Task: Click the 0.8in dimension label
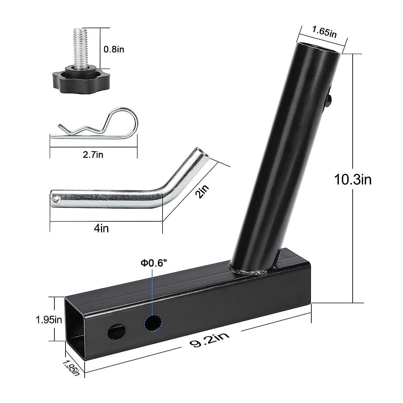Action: click(x=114, y=49)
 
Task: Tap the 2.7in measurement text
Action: click(x=93, y=154)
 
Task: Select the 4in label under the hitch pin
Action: click(x=101, y=229)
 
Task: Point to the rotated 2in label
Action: click(x=203, y=193)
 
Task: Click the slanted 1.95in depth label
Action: click(x=71, y=367)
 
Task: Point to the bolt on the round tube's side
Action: click(x=330, y=99)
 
